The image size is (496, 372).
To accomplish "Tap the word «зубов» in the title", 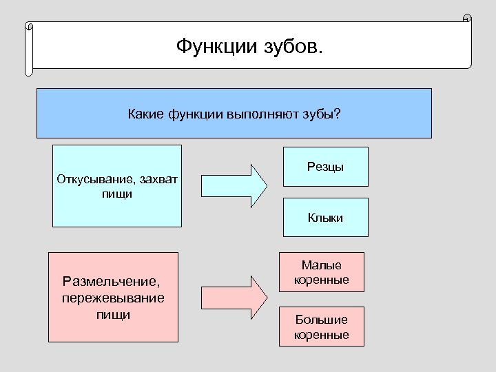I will coord(292,48).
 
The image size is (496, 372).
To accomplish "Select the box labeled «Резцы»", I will coord(326,167).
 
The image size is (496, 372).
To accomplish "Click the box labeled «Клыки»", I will coord(326,218).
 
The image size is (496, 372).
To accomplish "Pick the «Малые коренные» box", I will coord(322,272).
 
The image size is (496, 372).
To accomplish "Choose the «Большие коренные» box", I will coord(322,327).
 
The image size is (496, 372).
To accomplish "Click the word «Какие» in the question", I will coord(145,113).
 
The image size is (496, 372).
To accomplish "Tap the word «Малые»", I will coord(322,265).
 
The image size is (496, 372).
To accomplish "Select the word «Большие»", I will coord(322,320).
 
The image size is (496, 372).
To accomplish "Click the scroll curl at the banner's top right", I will coord(467,19).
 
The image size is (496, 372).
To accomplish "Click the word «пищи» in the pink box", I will coord(114,314).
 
